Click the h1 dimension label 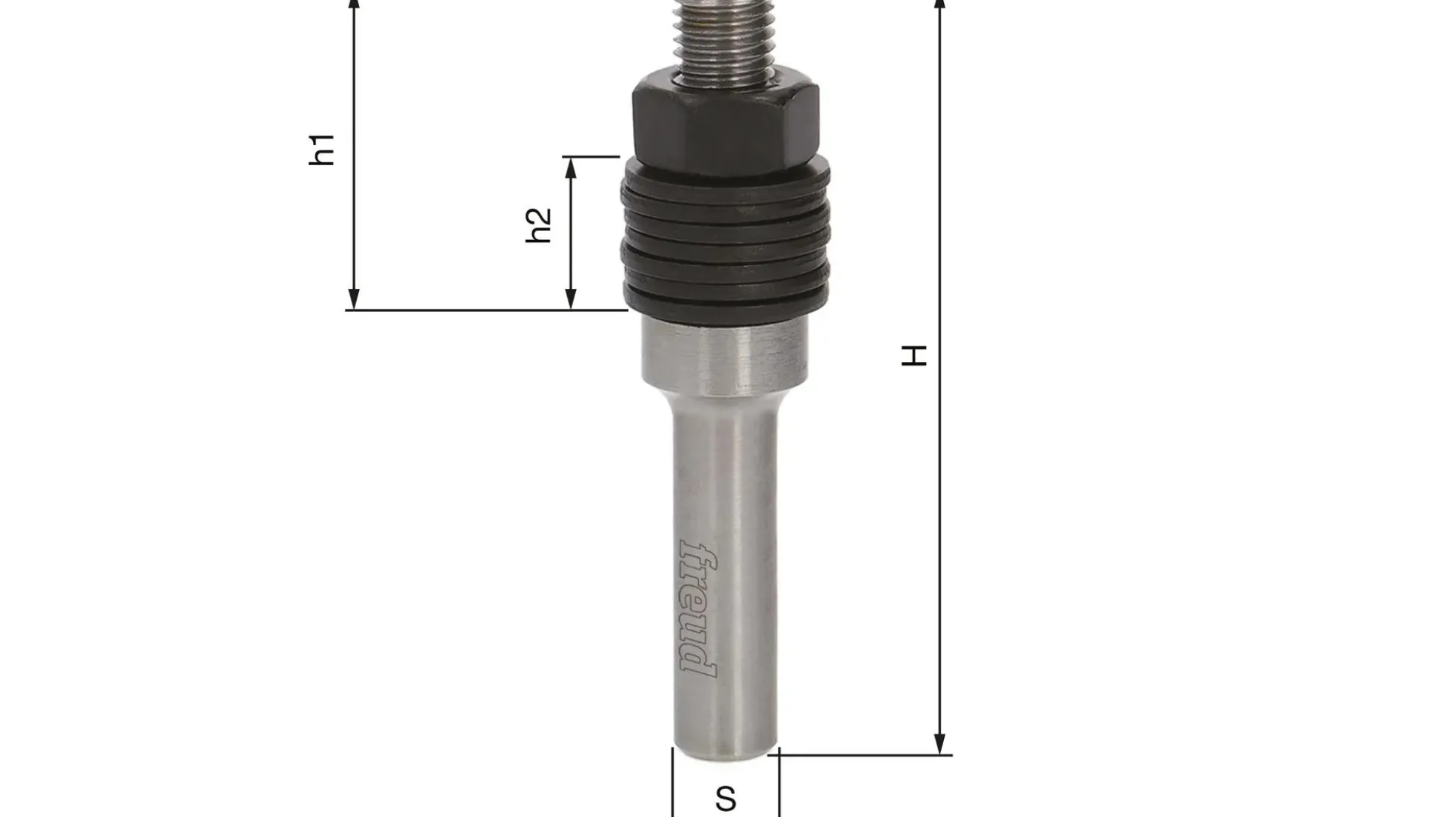coord(323,150)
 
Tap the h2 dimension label coord(539,225)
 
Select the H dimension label coord(914,356)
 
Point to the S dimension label coord(726,799)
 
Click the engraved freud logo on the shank coord(699,608)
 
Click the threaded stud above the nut coord(725,37)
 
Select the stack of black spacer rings coord(725,241)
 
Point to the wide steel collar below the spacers coord(724,356)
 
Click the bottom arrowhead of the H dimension coord(940,744)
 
